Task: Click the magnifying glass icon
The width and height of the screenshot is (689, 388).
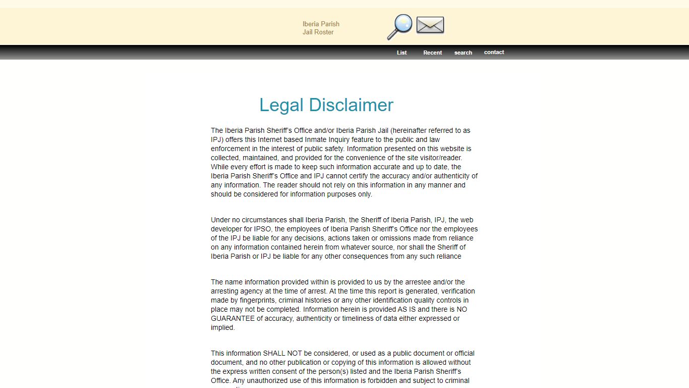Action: coord(399,26)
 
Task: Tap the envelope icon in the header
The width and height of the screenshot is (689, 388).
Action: coord(430,25)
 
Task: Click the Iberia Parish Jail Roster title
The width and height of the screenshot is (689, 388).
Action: coord(321,28)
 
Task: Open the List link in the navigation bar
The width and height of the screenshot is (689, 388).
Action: coord(401,53)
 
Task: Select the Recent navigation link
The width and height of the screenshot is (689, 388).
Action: coord(432,53)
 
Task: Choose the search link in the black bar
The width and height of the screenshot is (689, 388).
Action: coord(463,53)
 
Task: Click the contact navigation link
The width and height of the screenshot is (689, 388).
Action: coord(494,52)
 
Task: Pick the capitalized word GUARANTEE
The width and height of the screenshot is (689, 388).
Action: coord(233,318)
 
